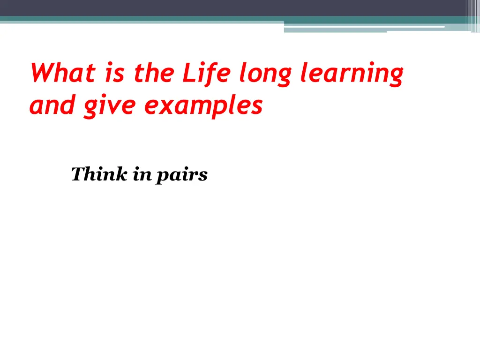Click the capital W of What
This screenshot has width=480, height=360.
tap(40, 74)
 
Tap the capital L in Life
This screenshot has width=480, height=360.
tap(187, 74)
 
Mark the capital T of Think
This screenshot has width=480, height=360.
tap(77, 174)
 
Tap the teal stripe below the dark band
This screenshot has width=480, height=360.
tap(141, 19)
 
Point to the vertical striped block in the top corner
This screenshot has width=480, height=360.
tap(472, 14)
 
